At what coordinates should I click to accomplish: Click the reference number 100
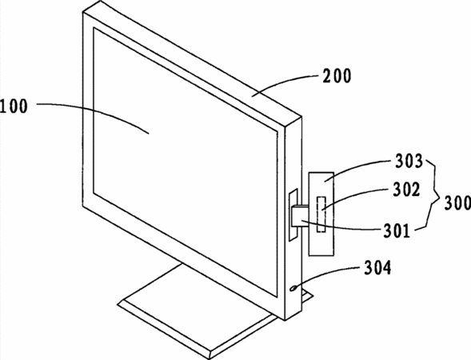(14, 106)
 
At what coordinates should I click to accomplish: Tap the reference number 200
(337, 76)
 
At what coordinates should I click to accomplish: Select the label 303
(409, 161)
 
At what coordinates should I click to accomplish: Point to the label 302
(406, 190)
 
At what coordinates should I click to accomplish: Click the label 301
(397, 230)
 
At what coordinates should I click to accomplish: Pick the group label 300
(457, 203)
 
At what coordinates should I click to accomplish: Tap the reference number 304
(378, 267)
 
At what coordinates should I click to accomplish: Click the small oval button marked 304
(293, 288)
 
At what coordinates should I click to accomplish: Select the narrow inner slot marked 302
(321, 214)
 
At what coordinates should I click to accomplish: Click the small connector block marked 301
(300, 216)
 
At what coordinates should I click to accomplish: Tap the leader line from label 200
(285, 83)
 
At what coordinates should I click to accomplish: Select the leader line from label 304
(326, 274)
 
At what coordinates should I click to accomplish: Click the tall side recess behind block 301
(293, 215)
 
